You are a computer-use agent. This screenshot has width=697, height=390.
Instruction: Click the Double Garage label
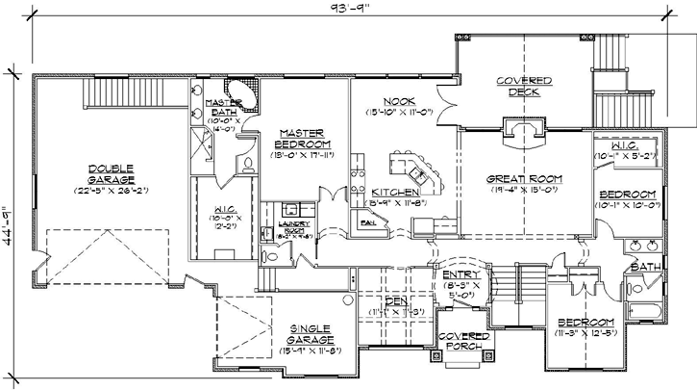click(108, 174)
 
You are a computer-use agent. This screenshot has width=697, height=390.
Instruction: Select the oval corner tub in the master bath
click(248, 97)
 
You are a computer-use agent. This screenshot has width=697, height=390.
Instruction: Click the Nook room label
click(397, 100)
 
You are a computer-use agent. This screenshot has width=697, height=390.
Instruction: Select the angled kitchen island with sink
click(418, 173)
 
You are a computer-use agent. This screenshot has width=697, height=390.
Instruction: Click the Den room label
click(395, 301)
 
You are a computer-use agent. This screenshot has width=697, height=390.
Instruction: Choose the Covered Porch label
click(459, 343)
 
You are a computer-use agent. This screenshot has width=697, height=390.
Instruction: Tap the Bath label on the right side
click(641, 266)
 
